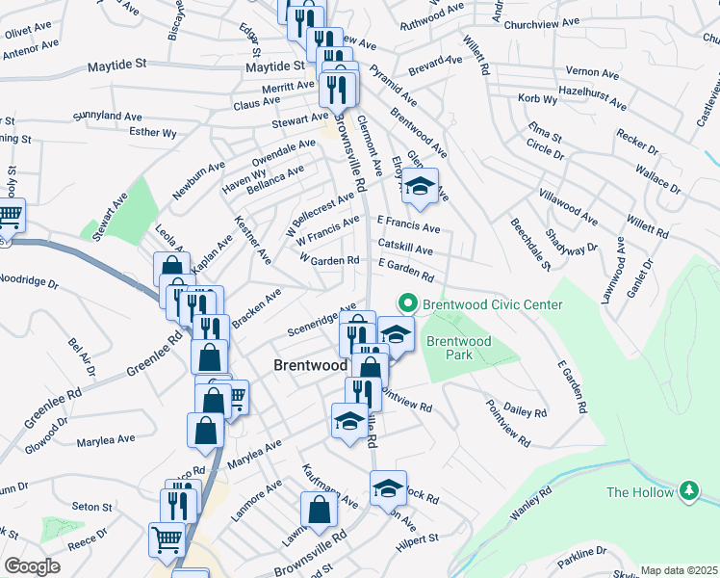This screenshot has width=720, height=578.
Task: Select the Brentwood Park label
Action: point(458,348)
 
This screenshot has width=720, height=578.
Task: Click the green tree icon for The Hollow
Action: point(688,491)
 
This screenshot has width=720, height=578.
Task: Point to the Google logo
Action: point(32,566)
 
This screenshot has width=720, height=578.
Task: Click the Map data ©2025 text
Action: point(679,570)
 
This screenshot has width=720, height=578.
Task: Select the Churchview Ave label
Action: point(544,21)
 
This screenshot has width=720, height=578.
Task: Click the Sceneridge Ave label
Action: point(321,319)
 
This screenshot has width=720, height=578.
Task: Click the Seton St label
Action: point(92,507)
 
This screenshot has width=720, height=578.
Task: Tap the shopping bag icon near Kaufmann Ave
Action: point(319,511)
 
